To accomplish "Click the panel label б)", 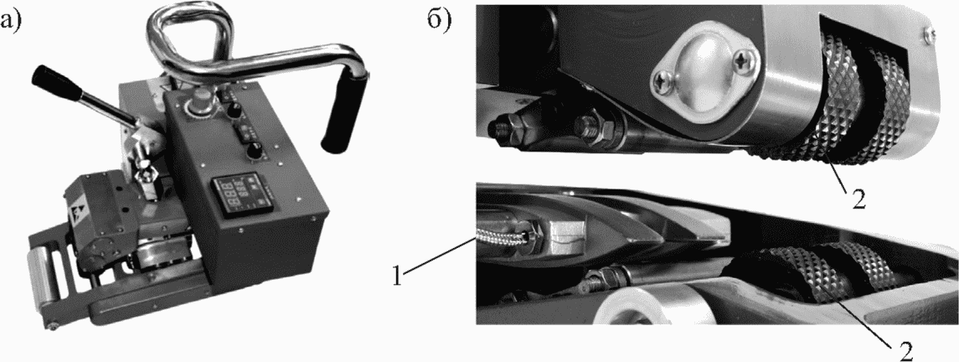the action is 438,21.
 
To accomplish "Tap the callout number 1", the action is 397,277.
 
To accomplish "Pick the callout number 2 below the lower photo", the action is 906,350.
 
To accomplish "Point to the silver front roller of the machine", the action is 41,282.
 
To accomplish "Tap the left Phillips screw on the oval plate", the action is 663,79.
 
